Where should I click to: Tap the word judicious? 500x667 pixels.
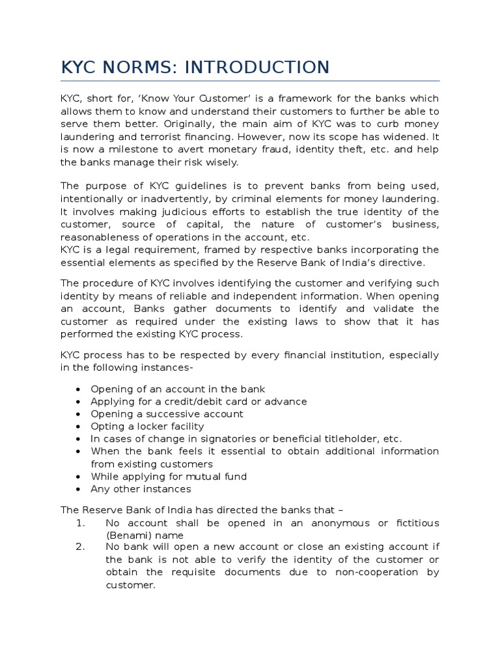tap(171, 212)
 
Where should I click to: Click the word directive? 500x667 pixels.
tap(400, 263)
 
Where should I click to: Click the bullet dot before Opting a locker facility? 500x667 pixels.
tap(79, 427)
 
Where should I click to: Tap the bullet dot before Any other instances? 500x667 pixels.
tap(79, 489)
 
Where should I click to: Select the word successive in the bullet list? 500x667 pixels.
tap(184, 414)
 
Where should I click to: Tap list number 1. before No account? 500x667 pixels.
tap(80, 523)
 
